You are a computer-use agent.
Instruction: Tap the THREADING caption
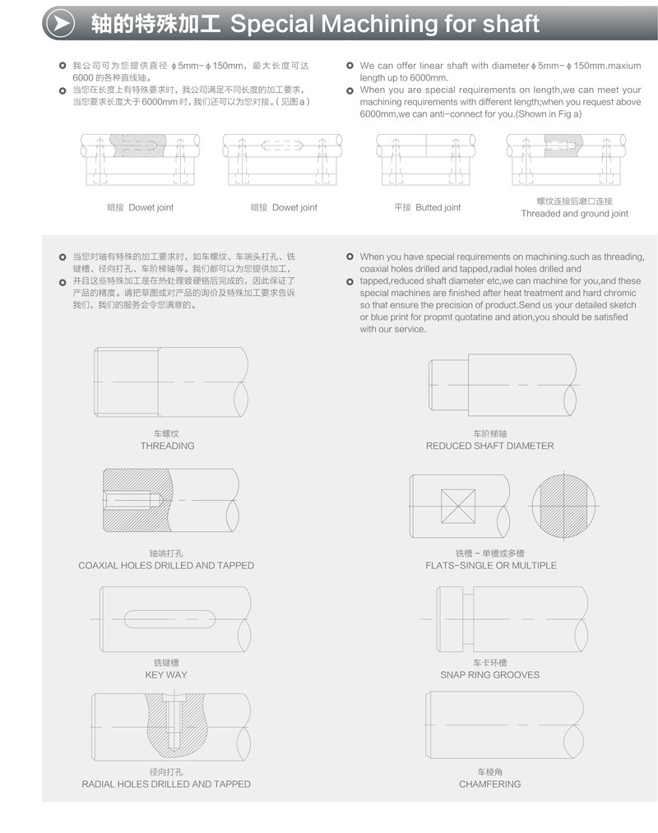[167, 446]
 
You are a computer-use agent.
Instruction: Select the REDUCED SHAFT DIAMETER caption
[489, 446]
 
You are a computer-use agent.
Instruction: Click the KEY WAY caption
[166, 674]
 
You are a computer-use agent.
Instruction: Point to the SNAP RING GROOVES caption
[489, 674]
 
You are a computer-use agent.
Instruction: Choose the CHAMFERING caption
[489, 784]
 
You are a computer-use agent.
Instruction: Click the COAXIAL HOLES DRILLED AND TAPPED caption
[166, 565]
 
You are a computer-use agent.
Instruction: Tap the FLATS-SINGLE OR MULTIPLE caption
[490, 565]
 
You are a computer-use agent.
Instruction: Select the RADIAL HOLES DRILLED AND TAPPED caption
[166, 784]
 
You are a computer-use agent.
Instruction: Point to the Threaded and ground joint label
[574, 213]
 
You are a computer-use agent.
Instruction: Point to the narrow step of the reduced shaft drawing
[448, 385]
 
